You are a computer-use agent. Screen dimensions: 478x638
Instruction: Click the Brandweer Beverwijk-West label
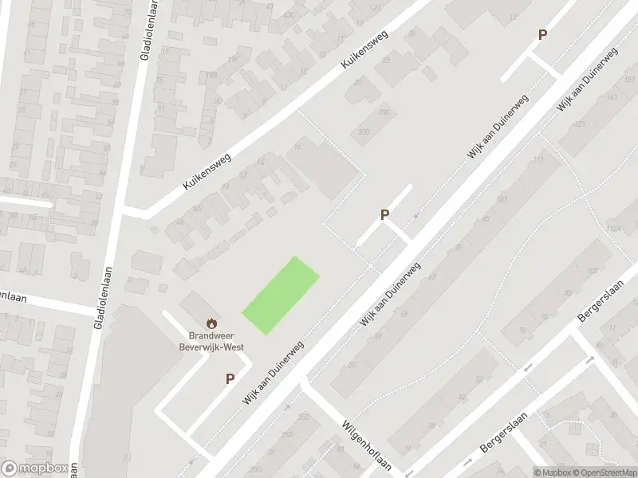(x=211, y=341)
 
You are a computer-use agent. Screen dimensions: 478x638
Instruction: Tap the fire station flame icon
(x=211, y=323)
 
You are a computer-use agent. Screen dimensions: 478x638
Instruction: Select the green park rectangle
(x=281, y=295)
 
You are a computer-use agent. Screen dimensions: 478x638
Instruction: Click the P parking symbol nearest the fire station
(x=230, y=379)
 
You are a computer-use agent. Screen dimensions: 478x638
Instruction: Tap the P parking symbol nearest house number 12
(x=542, y=35)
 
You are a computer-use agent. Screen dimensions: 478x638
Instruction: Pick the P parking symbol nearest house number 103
(x=384, y=214)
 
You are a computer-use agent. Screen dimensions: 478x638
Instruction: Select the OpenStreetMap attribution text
(x=603, y=472)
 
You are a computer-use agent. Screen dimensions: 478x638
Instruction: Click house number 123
(x=580, y=124)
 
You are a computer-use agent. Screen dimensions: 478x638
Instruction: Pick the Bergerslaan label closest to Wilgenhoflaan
(x=499, y=437)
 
